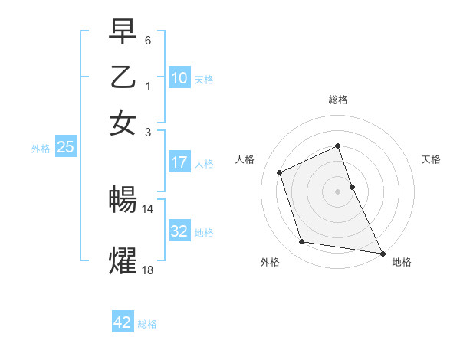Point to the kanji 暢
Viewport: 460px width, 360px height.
(123, 201)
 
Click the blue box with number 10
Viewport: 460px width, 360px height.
(179, 78)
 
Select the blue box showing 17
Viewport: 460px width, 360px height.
(179, 162)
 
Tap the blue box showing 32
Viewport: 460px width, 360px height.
(179, 231)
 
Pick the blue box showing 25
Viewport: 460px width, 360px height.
(66, 148)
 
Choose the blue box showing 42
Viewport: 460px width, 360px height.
(123, 322)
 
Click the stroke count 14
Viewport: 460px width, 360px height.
(148, 208)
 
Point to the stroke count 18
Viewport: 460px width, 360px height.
(148, 269)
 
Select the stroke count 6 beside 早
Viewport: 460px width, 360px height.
(149, 39)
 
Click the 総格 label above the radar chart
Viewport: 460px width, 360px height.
(338, 100)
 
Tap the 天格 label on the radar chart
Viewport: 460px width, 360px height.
(431, 159)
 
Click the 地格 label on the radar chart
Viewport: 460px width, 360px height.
(402, 262)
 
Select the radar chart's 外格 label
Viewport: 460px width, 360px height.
(270, 262)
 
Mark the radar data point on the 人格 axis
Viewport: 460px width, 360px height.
(281, 172)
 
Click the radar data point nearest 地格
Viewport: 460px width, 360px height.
(381, 253)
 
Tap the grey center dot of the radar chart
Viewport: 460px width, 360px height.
(337, 191)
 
